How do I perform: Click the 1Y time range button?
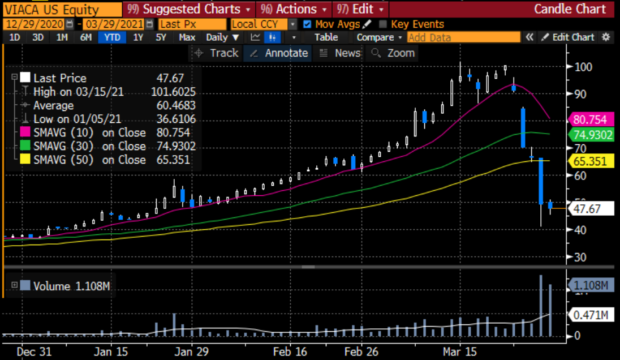click(138, 37)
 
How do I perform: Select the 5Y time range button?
click(161, 37)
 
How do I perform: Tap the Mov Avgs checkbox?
click(307, 24)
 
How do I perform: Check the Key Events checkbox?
click(383, 24)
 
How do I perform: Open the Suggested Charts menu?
click(191, 10)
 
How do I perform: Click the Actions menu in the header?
click(295, 10)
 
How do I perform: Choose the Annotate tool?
click(279, 53)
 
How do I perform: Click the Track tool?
click(217, 53)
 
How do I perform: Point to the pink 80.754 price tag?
click(590, 120)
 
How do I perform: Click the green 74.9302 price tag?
click(590, 135)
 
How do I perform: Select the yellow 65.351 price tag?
click(590, 161)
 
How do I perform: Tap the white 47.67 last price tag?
click(590, 209)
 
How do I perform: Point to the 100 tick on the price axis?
click(583, 67)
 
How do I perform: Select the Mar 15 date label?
click(460, 352)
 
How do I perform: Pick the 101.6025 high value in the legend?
click(173, 92)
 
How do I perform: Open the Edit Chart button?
click(568, 37)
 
